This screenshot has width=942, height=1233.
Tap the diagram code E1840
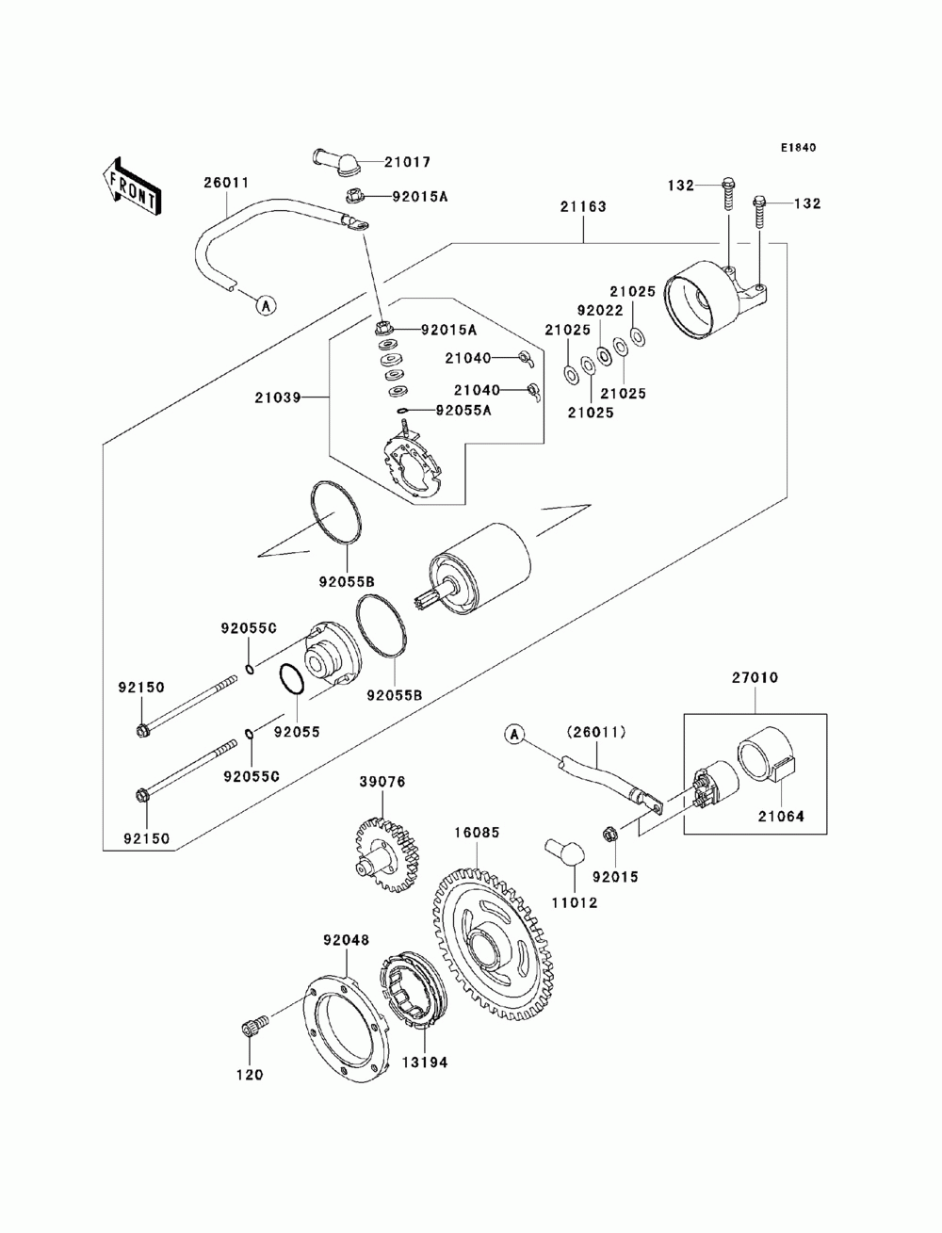[798, 148]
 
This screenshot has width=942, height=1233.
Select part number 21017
[407, 162]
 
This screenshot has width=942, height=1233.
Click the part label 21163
[583, 206]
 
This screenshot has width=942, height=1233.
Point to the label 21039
[278, 397]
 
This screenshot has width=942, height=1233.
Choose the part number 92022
[600, 310]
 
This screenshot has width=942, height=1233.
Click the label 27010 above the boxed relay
[755, 678]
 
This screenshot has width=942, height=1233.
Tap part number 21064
[781, 817]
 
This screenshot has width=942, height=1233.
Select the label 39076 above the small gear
[382, 782]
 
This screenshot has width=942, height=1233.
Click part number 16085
[477, 833]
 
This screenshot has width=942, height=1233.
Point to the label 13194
[425, 1063]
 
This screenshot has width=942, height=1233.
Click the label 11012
[575, 903]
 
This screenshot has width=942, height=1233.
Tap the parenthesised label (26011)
[596, 732]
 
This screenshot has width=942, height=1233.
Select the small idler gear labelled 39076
[388, 855]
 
